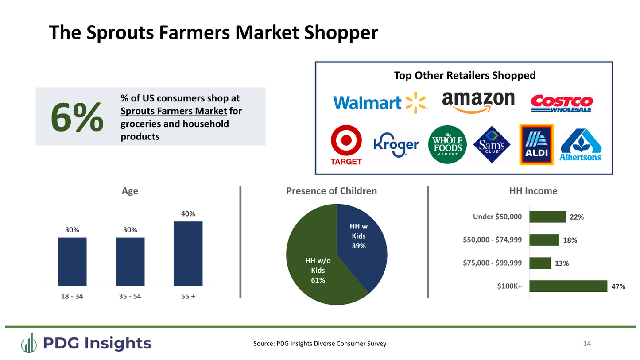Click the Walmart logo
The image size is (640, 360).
380,102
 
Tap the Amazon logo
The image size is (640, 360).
478,102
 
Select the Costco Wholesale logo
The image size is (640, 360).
562,103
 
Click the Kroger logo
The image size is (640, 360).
396,145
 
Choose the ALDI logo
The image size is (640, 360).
536,144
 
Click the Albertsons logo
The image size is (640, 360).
581,145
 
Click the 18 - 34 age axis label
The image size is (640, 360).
72,297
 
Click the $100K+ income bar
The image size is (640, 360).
568,286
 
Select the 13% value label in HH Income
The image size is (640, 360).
562,263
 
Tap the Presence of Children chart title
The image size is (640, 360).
331,191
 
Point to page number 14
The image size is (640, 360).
587,344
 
